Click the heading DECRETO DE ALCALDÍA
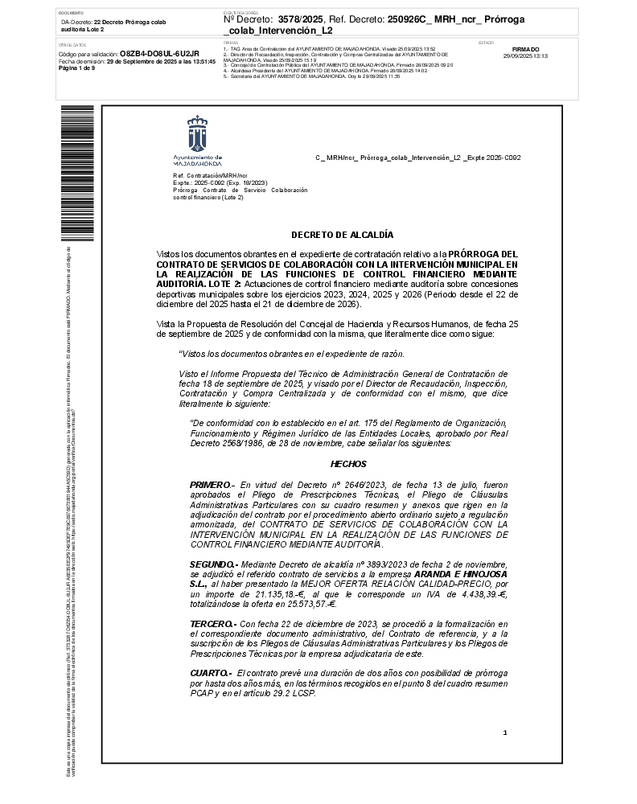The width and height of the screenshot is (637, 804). pyautogui.click(x=342, y=235)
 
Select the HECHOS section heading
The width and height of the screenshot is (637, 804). pyautogui.click(x=348, y=464)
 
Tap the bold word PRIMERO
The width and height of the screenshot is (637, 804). pyautogui.click(x=209, y=486)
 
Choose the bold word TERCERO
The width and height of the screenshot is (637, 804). pyautogui.click(x=212, y=623)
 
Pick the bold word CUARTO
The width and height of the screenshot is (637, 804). pyautogui.click(x=210, y=672)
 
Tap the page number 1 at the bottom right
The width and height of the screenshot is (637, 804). pyautogui.click(x=505, y=732)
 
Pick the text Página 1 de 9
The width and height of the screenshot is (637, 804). pyautogui.click(x=76, y=68)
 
